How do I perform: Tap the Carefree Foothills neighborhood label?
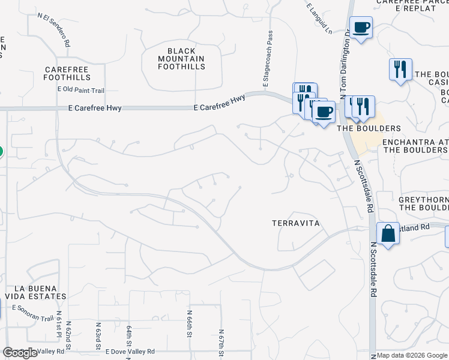click(x=67, y=74)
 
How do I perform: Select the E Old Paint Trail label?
click(x=81, y=90)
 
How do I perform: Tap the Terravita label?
click(x=294, y=223)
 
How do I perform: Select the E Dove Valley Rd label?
click(x=130, y=352)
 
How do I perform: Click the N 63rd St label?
click(x=98, y=335)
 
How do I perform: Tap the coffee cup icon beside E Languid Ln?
click(x=361, y=28)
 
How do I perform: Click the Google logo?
click(x=20, y=353)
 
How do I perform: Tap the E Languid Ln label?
click(x=318, y=18)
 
